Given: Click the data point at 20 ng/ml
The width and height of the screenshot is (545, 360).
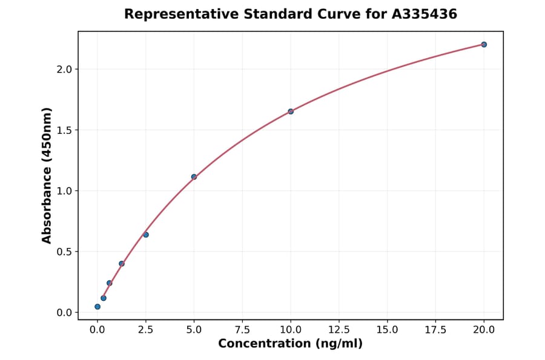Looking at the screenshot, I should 484,44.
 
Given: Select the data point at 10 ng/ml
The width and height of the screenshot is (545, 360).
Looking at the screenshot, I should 291,112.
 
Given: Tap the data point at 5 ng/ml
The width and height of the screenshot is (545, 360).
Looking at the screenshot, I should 194,177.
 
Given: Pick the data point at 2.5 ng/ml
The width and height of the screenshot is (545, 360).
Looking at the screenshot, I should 146,235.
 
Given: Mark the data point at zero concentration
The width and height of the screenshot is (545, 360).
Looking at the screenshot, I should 97,307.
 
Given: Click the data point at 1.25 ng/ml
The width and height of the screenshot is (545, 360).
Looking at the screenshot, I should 122,264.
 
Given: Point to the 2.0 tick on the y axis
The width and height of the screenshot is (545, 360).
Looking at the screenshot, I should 64,69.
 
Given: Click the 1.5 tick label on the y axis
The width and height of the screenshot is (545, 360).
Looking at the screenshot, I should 64,130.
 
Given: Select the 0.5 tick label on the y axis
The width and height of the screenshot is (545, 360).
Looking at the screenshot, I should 64,252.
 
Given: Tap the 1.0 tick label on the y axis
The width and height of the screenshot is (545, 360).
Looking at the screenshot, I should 64,191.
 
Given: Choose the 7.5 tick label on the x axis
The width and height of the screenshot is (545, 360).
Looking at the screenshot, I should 242,330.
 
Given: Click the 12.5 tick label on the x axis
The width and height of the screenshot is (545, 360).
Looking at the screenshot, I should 339,330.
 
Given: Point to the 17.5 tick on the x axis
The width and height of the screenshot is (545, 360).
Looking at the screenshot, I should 435,330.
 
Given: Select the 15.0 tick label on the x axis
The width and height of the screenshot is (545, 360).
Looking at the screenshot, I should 387,330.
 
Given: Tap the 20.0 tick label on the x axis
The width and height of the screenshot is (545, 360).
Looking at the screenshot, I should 484,330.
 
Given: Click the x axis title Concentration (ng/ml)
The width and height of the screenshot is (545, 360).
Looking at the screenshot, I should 291,344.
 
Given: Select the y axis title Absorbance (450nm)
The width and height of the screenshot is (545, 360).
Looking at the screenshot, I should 47,175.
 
